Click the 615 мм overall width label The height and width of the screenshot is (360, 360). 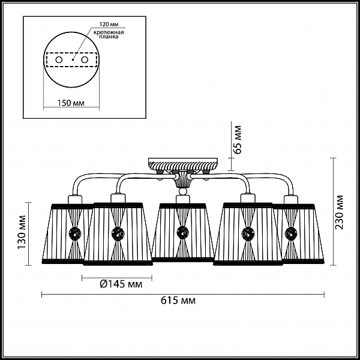(178, 300)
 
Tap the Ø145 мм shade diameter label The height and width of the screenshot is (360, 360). (121, 284)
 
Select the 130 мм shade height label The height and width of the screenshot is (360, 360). (22, 232)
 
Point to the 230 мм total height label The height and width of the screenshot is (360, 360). (339, 212)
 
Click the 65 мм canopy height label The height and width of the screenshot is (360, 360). (237, 140)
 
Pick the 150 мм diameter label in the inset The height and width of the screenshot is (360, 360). (71, 103)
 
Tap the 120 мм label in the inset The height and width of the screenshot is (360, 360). (109, 25)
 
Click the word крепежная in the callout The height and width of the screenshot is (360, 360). (109, 32)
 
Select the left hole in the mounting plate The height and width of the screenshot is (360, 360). (59, 60)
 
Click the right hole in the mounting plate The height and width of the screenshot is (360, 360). (85, 60)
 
